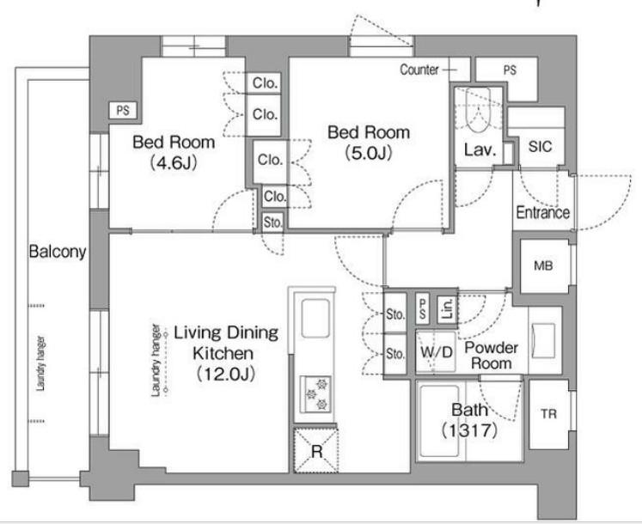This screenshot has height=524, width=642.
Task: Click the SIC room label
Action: point(540,147)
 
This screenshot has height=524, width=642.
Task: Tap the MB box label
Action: point(543,266)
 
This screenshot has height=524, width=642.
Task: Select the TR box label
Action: point(548,414)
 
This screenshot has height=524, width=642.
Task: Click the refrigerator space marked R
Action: point(316,451)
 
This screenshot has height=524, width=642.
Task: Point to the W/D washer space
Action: point(436,352)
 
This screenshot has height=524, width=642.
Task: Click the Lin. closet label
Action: point(448,308)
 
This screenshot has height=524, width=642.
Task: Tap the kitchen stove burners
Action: point(315,393)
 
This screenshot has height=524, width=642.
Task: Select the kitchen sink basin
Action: point(315,319)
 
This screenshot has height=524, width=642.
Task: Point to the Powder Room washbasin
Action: point(544,340)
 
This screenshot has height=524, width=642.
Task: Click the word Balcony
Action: point(58,252)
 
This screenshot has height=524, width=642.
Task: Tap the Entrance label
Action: point(543,212)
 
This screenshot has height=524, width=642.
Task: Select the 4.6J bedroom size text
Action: point(174,162)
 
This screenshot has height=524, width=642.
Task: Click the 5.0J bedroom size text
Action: point(369,153)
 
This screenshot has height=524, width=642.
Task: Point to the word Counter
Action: point(419,70)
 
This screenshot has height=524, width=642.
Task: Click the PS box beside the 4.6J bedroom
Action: point(123,110)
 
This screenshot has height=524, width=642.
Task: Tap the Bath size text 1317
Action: point(470,430)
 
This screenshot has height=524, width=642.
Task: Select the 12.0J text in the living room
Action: point(225,374)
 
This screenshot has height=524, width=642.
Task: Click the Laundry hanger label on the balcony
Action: point(40,363)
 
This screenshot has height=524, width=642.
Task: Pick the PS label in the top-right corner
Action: point(510,70)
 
